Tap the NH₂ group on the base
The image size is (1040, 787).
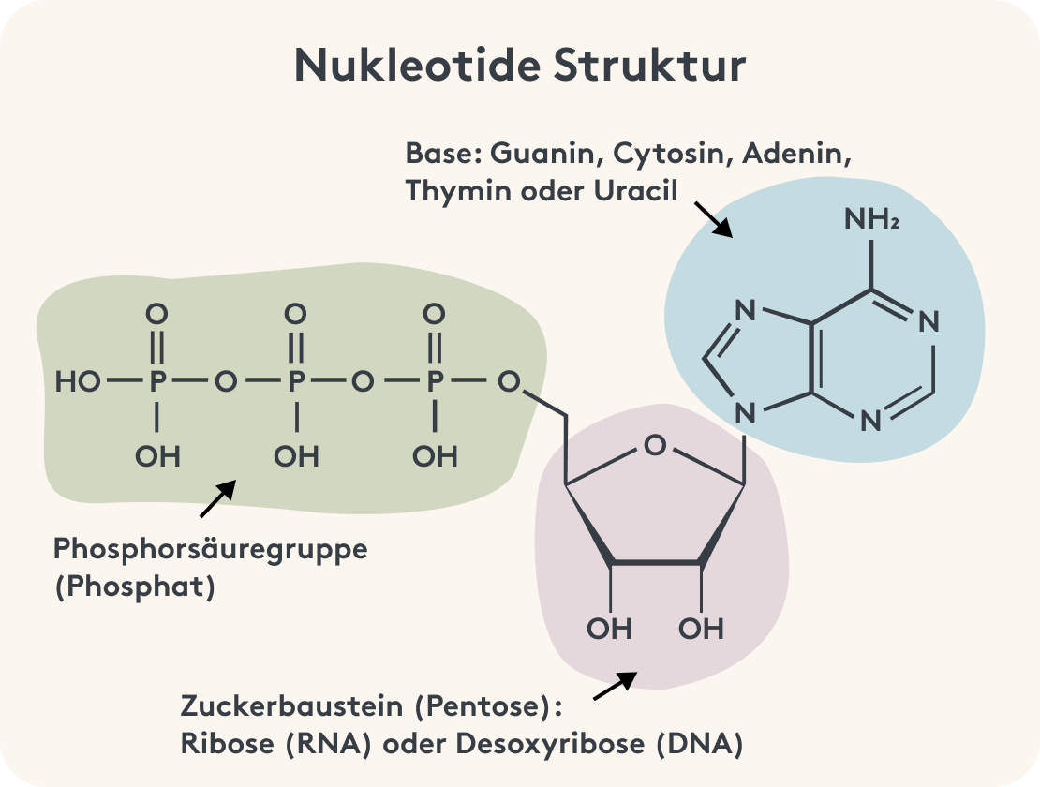click(871, 219)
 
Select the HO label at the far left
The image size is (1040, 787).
click(78, 382)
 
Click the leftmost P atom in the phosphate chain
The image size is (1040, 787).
click(157, 382)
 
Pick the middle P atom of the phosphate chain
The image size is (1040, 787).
click(296, 382)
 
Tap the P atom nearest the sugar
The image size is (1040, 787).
click(435, 382)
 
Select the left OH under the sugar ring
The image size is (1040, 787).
click(610, 628)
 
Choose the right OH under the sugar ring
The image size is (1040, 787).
click(701, 628)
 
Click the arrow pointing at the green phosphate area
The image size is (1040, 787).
click(217, 498)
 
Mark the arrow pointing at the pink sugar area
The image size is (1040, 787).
click(615, 685)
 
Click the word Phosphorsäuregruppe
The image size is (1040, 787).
click(211, 548)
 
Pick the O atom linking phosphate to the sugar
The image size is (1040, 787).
click(509, 382)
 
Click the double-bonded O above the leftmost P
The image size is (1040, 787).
click(157, 314)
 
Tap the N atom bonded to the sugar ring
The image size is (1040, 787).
click(745, 412)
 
